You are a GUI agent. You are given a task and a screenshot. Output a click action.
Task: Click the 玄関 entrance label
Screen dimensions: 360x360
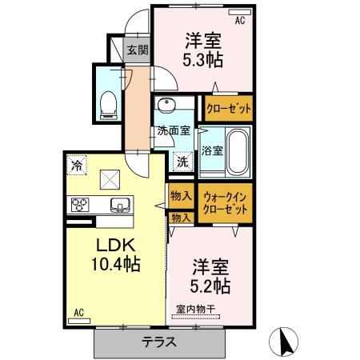click(x=138, y=50)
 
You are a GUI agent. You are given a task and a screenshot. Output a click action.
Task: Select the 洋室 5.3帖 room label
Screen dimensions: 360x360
click(x=204, y=50)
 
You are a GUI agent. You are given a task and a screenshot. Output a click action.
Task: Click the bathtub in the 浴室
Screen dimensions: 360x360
click(x=236, y=150)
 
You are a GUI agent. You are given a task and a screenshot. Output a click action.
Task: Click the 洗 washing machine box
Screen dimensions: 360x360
click(x=182, y=160)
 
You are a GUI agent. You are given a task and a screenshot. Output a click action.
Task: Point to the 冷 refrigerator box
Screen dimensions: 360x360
click(x=77, y=166)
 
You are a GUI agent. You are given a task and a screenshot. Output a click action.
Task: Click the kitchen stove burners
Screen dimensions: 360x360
click(x=82, y=203)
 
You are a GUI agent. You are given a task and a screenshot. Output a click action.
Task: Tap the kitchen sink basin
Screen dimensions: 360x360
click(x=119, y=203)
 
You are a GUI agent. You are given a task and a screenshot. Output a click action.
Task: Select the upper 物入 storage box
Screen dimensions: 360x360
click(x=181, y=195)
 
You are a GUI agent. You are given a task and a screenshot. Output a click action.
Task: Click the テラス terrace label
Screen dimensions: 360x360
click(x=160, y=343)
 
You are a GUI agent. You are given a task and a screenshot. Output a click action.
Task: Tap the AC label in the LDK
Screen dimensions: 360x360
click(x=79, y=313)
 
